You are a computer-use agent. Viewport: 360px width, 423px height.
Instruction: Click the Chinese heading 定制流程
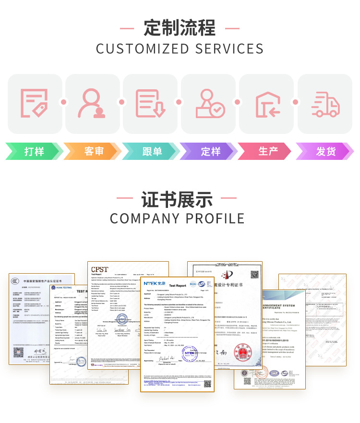(x=180, y=27)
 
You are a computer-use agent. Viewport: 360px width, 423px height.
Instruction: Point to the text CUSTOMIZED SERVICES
(x=180, y=49)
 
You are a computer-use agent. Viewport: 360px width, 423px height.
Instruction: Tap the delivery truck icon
(x=325, y=104)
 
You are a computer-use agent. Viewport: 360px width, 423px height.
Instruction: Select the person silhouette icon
(x=93, y=104)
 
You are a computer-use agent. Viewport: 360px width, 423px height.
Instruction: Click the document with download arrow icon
(x=151, y=104)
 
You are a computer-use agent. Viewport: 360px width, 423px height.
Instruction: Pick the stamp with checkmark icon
(x=209, y=104)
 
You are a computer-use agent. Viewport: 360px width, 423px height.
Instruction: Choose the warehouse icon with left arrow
(x=267, y=104)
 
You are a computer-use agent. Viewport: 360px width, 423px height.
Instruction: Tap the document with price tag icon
(x=35, y=104)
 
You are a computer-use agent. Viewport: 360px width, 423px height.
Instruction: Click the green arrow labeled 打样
(x=34, y=151)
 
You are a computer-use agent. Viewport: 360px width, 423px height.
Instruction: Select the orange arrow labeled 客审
(x=93, y=151)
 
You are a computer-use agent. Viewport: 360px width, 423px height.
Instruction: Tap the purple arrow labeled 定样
(x=210, y=151)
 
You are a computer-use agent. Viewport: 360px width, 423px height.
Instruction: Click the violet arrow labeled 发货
(x=325, y=151)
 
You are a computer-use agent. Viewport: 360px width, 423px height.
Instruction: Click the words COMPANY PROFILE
(x=177, y=219)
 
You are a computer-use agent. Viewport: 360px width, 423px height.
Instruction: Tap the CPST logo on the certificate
(x=100, y=269)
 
